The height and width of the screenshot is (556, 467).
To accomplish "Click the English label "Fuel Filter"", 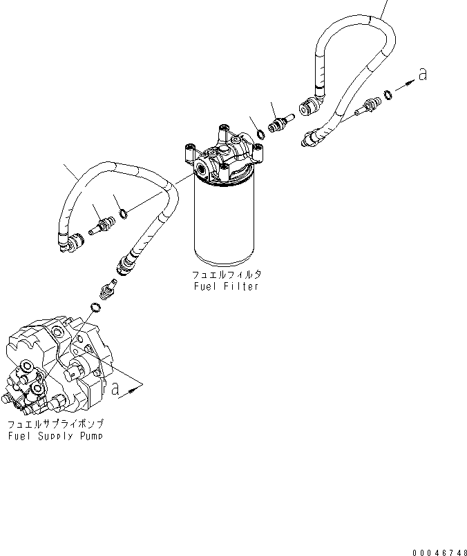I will pyautogui.click(x=227, y=286).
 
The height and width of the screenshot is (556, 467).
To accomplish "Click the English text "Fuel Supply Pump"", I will pyautogui.click(x=57, y=436).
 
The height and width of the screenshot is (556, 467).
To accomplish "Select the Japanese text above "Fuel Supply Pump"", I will pyautogui.click(x=57, y=424).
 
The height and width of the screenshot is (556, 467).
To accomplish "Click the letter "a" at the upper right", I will pyautogui.click(x=422, y=74).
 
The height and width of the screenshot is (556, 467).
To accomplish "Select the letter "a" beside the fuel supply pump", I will pyautogui.click(x=115, y=389).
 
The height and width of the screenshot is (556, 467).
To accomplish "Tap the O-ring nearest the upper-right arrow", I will pyautogui.click(x=389, y=94).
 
